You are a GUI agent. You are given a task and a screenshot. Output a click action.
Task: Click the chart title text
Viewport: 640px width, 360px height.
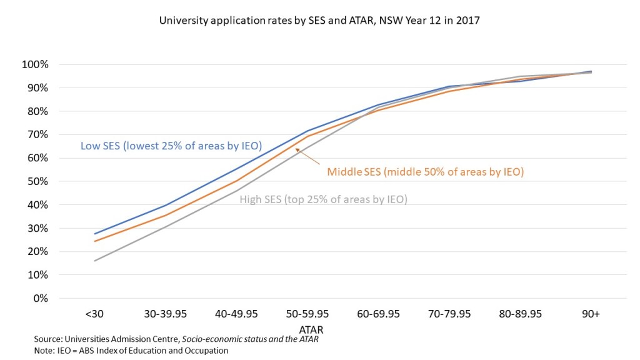(319, 21)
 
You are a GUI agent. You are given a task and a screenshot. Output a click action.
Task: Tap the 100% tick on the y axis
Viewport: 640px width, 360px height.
(35, 65)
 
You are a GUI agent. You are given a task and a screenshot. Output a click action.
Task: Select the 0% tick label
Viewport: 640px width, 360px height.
(39, 298)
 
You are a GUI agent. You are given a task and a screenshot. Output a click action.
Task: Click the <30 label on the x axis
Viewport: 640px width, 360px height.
(95, 314)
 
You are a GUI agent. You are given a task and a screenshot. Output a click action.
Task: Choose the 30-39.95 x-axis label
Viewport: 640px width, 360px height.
(166, 314)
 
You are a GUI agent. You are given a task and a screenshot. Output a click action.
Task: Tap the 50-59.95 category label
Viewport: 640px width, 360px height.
(307, 314)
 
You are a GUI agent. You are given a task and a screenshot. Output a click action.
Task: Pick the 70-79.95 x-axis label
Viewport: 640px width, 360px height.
(449, 314)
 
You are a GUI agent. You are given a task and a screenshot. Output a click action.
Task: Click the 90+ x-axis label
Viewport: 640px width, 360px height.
(591, 314)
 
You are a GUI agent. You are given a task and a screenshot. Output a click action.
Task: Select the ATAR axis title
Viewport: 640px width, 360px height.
(311, 328)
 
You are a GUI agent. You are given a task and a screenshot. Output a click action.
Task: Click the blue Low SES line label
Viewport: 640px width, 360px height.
(171, 146)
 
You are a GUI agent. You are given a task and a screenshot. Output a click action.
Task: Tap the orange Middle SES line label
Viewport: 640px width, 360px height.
(425, 171)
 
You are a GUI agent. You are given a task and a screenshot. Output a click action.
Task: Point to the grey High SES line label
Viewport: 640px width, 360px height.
(324, 200)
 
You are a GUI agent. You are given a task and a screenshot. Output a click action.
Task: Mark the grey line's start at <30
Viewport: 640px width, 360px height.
(95, 261)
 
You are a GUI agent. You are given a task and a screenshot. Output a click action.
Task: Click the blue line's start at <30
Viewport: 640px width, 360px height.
(95, 234)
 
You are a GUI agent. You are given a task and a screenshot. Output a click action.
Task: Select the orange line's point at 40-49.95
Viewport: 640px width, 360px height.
(236, 181)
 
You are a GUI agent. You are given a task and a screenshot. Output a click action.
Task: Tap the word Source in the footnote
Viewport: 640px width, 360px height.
(47, 339)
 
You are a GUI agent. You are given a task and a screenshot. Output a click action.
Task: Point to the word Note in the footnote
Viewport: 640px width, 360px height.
(44, 350)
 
